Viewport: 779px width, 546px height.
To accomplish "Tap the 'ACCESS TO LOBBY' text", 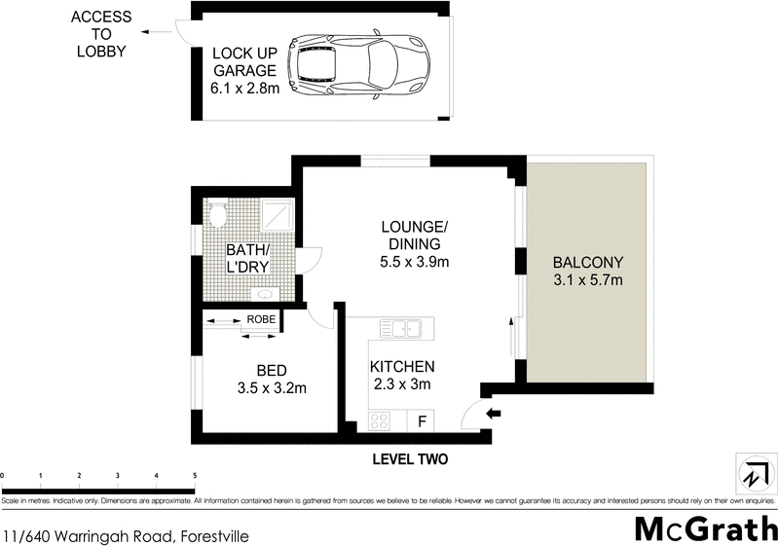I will (x=100, y=34).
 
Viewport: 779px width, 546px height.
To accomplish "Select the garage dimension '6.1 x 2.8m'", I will (x=243, y=89).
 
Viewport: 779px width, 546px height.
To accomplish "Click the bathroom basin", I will (x=263, y=293).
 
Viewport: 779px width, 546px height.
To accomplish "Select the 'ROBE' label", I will (x=260, y=318).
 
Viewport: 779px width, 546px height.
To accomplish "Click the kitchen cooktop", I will (x=380, y=421).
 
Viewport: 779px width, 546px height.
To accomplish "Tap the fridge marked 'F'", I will (x=421, y=421).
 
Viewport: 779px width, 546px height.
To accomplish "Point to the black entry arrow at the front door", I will (x=493, y=414).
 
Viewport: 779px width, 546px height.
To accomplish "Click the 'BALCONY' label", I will (x=586, y=263).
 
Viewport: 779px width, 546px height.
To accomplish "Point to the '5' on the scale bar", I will (x=195, y=475).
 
